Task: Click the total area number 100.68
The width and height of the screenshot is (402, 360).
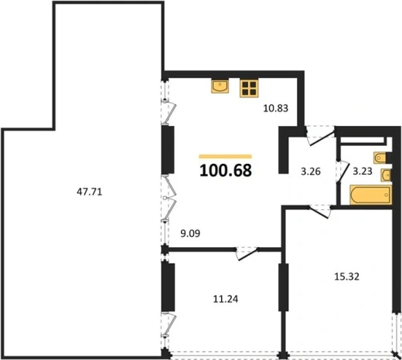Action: pyautogui.click(x=226, y=171)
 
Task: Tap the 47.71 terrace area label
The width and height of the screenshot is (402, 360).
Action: pyautogui.click(x=90, y=192)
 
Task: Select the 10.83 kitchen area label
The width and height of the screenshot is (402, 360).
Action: pyautogui.click(x=276, y=108)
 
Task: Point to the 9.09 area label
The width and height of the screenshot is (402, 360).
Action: pyautogui.click(x=190, y=233)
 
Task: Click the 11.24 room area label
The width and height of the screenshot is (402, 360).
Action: pyautogui.click(x=226, y=299)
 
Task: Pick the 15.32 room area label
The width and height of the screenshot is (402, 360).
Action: pyautogui.click(x=346, y=277)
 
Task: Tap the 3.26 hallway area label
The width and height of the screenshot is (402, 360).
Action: pyautogui.click(x=311, y=172)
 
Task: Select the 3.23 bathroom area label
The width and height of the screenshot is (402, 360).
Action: pyautogui.click(x=363, y=172)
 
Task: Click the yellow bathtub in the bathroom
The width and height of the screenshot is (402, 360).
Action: pyautogui.click(x=370, y=195)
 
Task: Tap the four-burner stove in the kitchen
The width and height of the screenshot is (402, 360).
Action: pyautogui.click(x=249, y=88)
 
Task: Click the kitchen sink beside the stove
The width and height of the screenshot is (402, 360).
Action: pyautogui.click(x=220, y=86)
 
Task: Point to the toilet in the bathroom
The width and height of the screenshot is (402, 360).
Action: pyautogui.click(x=380, y=158)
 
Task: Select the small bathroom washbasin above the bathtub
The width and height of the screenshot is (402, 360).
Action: pyautogui.click(x=387, y=175)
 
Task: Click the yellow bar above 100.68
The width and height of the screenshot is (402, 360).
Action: pyautogui.click(x=225, y=156)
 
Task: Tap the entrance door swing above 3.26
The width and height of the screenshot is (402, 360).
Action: pyautogui.click(x=321, y=136)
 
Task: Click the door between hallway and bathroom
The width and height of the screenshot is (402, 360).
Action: pyautogui.click(x=342, y=172)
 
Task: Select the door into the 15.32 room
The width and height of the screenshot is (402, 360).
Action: pyautogui.click(x=320, y=211)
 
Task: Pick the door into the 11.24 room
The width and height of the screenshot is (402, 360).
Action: pyautogui.click(x=247, y=253)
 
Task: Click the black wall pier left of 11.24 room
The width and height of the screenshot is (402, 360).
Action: pyautogui.click(x=169, y=287)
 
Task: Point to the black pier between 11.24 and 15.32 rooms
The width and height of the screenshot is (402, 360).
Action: pyautogui.click(x=283, y=287)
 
